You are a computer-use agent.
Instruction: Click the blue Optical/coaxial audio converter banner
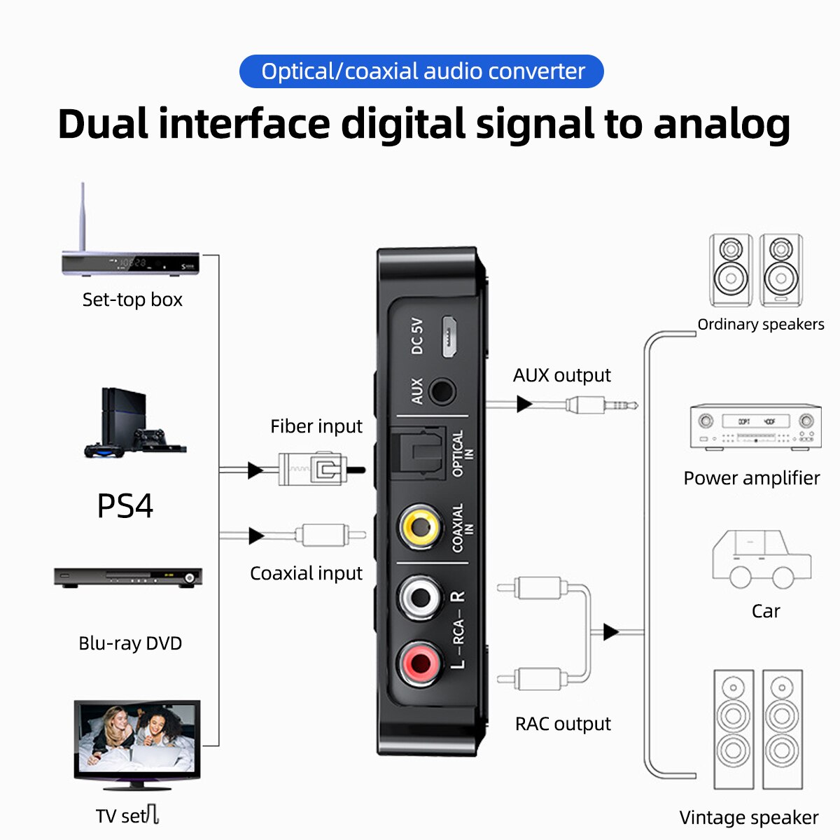421,71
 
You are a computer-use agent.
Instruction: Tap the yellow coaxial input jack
420,526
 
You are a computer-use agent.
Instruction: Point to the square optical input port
417,453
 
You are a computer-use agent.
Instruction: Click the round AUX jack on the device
441,391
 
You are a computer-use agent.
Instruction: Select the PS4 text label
125,506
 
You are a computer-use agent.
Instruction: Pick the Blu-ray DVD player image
128,577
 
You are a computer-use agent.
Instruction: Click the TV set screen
137,738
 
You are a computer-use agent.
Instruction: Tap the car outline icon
762,559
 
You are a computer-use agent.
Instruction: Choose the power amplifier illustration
755,426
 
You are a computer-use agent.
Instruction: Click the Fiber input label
316,426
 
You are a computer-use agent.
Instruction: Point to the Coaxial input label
306,573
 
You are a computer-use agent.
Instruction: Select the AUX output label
561,375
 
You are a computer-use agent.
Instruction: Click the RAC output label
563,724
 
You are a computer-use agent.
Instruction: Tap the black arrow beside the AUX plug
524,404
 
